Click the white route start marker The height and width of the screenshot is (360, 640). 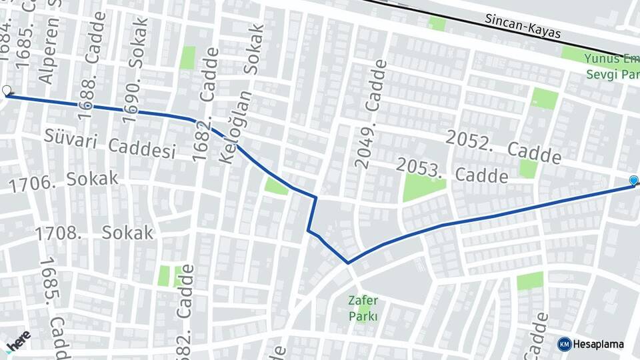pyautogui.click(x=7, y=91)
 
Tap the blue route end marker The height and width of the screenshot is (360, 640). pyautogui.click(x=633, y=180)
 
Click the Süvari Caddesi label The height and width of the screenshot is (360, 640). pyautogui.click(x=110, y=145)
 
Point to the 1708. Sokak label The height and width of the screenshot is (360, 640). pyautogui.click(x=94, y=233)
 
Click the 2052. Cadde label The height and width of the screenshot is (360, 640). pyautogui.click(x=503, y=147)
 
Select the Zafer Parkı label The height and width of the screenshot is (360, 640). pyautogui.click(x=363, y=308)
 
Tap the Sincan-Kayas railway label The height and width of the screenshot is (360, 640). pyautogui.click(x=523, y=26)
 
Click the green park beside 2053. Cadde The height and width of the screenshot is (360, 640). pyautogui.click(x=422, y=186)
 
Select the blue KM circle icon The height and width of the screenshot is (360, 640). pyautogui.click(x=564, y=344)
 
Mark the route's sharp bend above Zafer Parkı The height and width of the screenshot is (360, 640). pyautogui.click(x=348, y=263)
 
